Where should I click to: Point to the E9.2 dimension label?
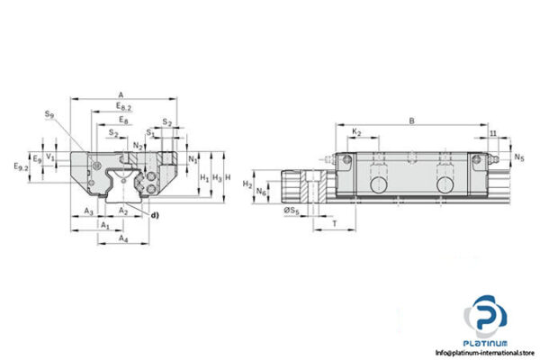22,166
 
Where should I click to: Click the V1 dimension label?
51,156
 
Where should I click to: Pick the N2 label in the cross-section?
137,145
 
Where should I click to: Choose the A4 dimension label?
124,238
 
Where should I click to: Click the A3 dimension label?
88,211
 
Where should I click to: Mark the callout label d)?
154,214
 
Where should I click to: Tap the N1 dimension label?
193,159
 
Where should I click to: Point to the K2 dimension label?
356,132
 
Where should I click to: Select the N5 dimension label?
519,158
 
